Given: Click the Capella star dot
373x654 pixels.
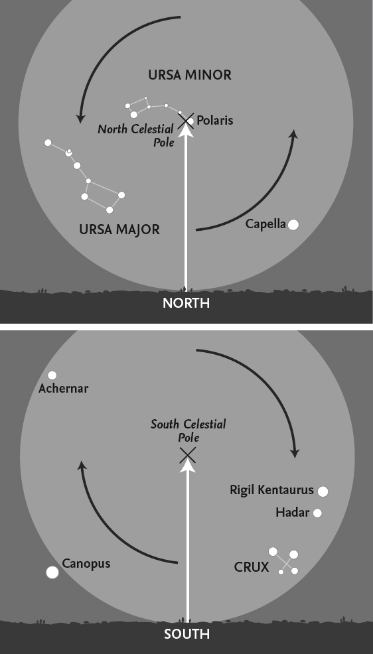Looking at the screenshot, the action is (293, 225).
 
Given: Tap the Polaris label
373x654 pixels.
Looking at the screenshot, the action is (215, 121).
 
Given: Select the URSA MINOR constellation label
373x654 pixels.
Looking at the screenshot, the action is (190, 75).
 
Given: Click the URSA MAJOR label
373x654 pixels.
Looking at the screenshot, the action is (119, 229).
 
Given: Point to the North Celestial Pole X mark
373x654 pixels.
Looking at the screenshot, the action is (186, 121).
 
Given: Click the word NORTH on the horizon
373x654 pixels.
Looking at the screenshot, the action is (186, 303).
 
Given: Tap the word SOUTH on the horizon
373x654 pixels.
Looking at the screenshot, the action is (186, 634).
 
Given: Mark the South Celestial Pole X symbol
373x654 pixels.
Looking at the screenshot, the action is (188, 456).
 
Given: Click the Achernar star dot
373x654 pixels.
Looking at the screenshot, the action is (52, 375).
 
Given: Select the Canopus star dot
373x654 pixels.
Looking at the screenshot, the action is (52, 572).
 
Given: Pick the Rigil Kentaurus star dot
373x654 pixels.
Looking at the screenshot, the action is (323, 491).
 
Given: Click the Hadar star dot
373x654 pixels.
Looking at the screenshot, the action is (317, 513).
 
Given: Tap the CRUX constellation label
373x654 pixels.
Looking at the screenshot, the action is (252, 567).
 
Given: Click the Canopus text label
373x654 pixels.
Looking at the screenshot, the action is (86, 564).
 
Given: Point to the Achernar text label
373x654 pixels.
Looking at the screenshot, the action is (64, 388).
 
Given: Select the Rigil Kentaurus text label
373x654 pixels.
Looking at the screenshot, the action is (271, 490).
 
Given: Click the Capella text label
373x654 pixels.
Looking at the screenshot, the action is (265, 224).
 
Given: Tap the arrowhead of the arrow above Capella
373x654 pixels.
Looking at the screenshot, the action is (294, 134).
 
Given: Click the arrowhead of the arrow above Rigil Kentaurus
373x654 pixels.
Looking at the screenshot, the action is (295, 453).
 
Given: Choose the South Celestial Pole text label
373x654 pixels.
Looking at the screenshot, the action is (188, 431).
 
